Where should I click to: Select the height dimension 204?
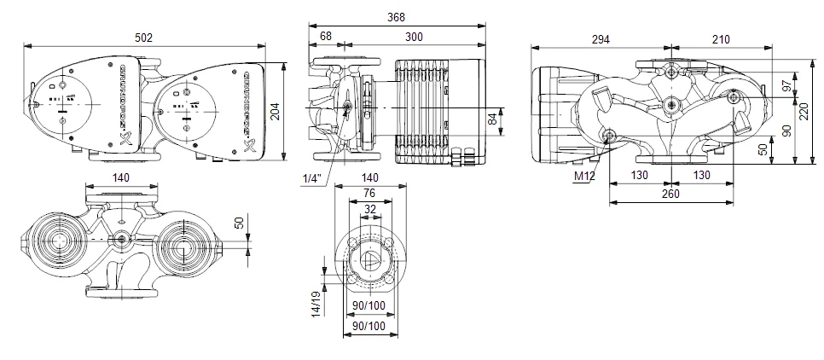click(x=275, y=111)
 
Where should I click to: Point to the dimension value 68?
click(x=325, y=36)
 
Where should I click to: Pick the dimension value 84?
click(x=492, y=119)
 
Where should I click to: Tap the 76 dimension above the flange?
click(x=369, y=193)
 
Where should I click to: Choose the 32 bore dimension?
click(x=369, y=208)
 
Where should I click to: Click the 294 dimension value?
click(x=601, y=38)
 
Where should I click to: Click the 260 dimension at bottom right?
click(x=670, y=194)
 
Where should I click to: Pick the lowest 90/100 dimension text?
click(x=369, y=326)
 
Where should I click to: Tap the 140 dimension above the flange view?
click(x=369, y=177)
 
